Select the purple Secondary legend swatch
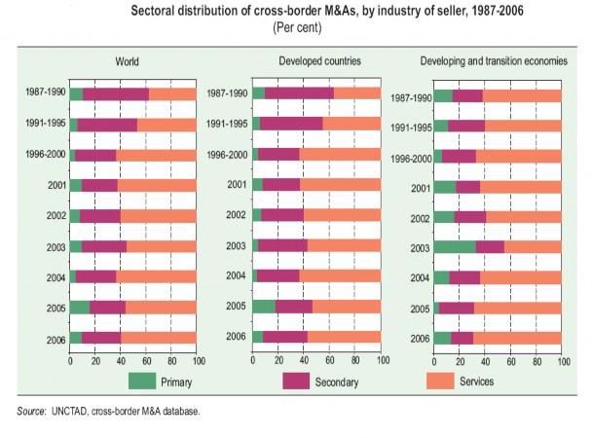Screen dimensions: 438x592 tap(297, 381)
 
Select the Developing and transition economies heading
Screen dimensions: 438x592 tap(494, 60)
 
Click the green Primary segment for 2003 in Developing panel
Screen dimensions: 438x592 tap(455, 246)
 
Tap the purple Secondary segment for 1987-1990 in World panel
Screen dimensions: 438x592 tap(115, 93)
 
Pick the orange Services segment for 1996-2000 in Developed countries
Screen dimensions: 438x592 tap(340, 154)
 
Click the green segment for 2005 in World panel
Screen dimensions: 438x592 tap(80, 307)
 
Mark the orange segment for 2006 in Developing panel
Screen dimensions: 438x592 tap(517, 338)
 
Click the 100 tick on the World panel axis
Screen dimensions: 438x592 tap(195, 359)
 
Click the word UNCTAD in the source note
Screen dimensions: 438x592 tap(70, 413)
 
